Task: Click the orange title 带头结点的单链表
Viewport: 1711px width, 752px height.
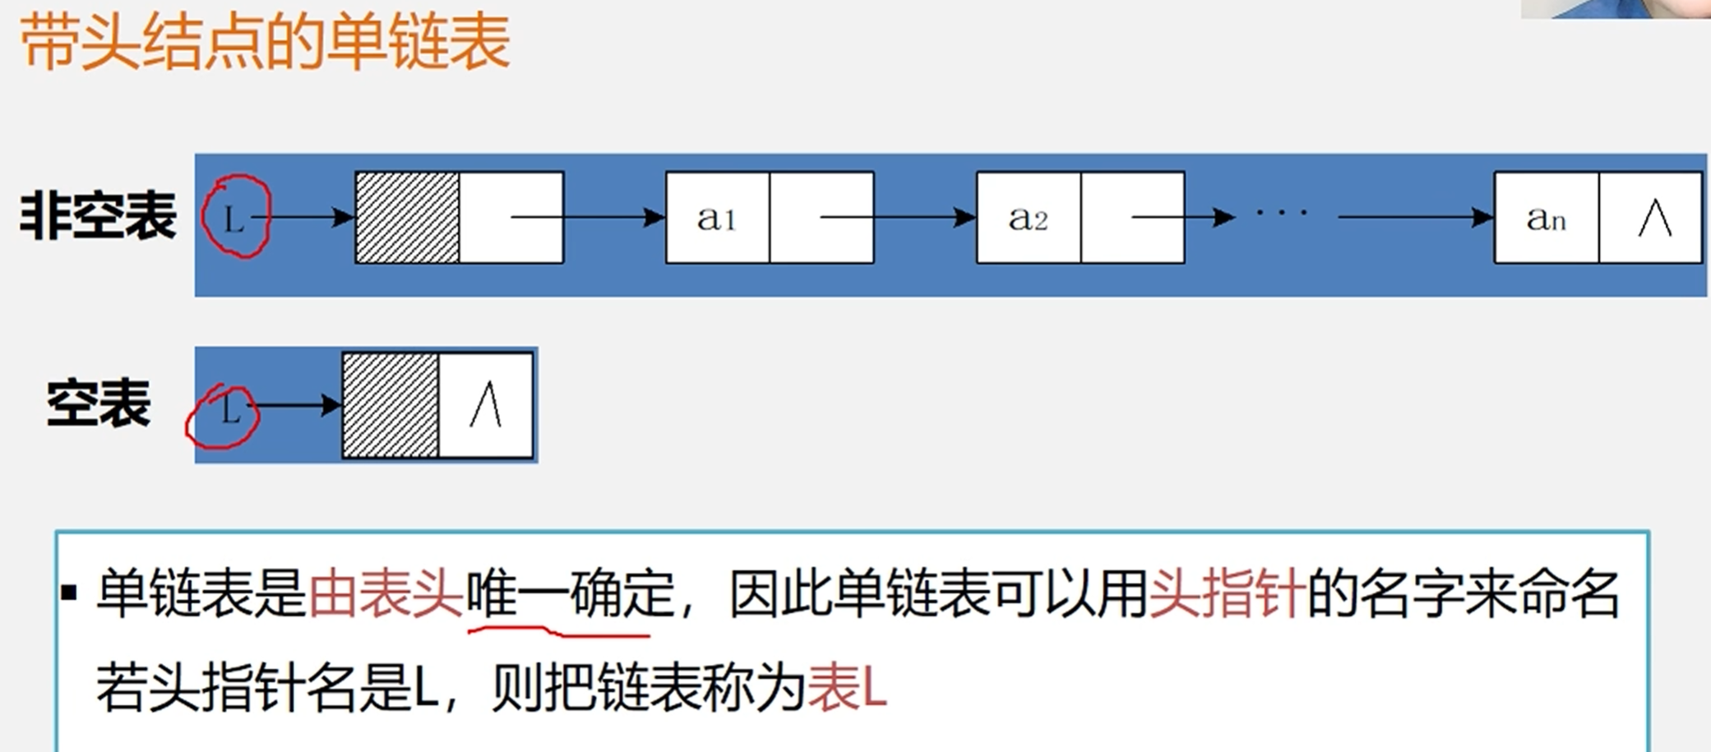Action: [x=265, y=43]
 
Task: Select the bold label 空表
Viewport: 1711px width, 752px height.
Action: [x=99, y=404]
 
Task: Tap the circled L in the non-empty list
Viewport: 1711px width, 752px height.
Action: [x=236, y=217]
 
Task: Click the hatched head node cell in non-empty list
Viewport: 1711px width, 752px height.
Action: [x=407, y=217]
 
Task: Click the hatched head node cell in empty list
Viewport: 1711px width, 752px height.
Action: [x=390, y=404]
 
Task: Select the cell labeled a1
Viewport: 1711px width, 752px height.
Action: [x=717, y=218]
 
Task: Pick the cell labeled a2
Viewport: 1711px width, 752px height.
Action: [x=1028, y=218]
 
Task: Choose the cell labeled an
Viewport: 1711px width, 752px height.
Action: [x=1546, y=218]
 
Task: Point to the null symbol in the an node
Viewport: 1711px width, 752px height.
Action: [x=1653, y=218]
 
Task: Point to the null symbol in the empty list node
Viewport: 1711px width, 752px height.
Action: [x=486, y=404]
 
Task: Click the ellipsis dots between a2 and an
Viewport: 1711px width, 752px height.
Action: [x=1281, y=214]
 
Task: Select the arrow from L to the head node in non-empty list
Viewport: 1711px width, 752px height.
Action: [x=304, y=217]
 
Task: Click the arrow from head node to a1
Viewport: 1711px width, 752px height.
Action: [x=588, y=217]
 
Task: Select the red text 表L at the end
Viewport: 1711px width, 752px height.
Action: [x=848, y=688]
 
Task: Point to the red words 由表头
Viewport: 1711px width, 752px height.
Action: [x=386, y=593]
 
